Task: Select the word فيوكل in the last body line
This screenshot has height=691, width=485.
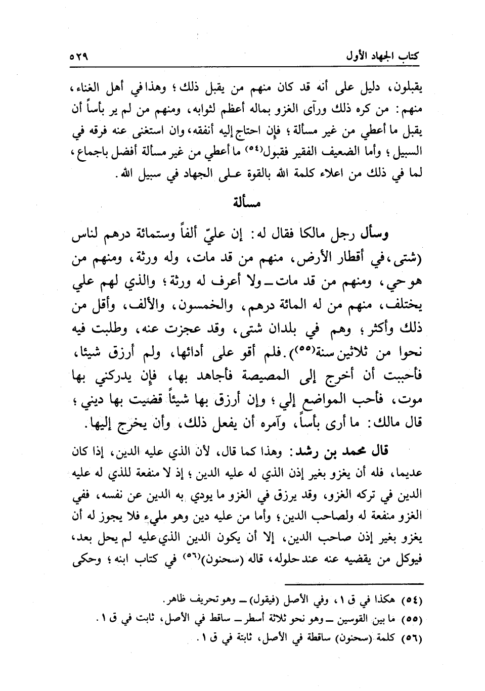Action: (x=409, y=559)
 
